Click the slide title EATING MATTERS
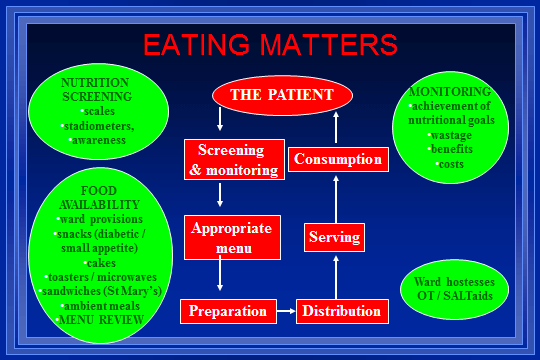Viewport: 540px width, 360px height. tap(270, 45)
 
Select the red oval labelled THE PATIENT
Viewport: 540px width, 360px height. tap(282, 95)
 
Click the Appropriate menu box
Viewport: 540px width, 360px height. tap(232, 236)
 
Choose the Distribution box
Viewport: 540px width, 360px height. tap(342, 311)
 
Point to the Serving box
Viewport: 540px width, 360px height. tap(334, 238)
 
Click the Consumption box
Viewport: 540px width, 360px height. tap(337, 159)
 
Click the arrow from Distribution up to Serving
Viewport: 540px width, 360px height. tap(336, 276)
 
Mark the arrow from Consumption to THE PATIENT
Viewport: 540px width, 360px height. tap(336, 129)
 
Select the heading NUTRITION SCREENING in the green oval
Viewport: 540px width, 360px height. tap(96, 90)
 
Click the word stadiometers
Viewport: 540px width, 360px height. tap(98, 126)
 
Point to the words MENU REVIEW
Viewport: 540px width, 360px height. tap(99, 319)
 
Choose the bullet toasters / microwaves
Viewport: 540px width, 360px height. tap(98, 277)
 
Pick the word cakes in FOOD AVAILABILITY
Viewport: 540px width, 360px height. tap(100, 263)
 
